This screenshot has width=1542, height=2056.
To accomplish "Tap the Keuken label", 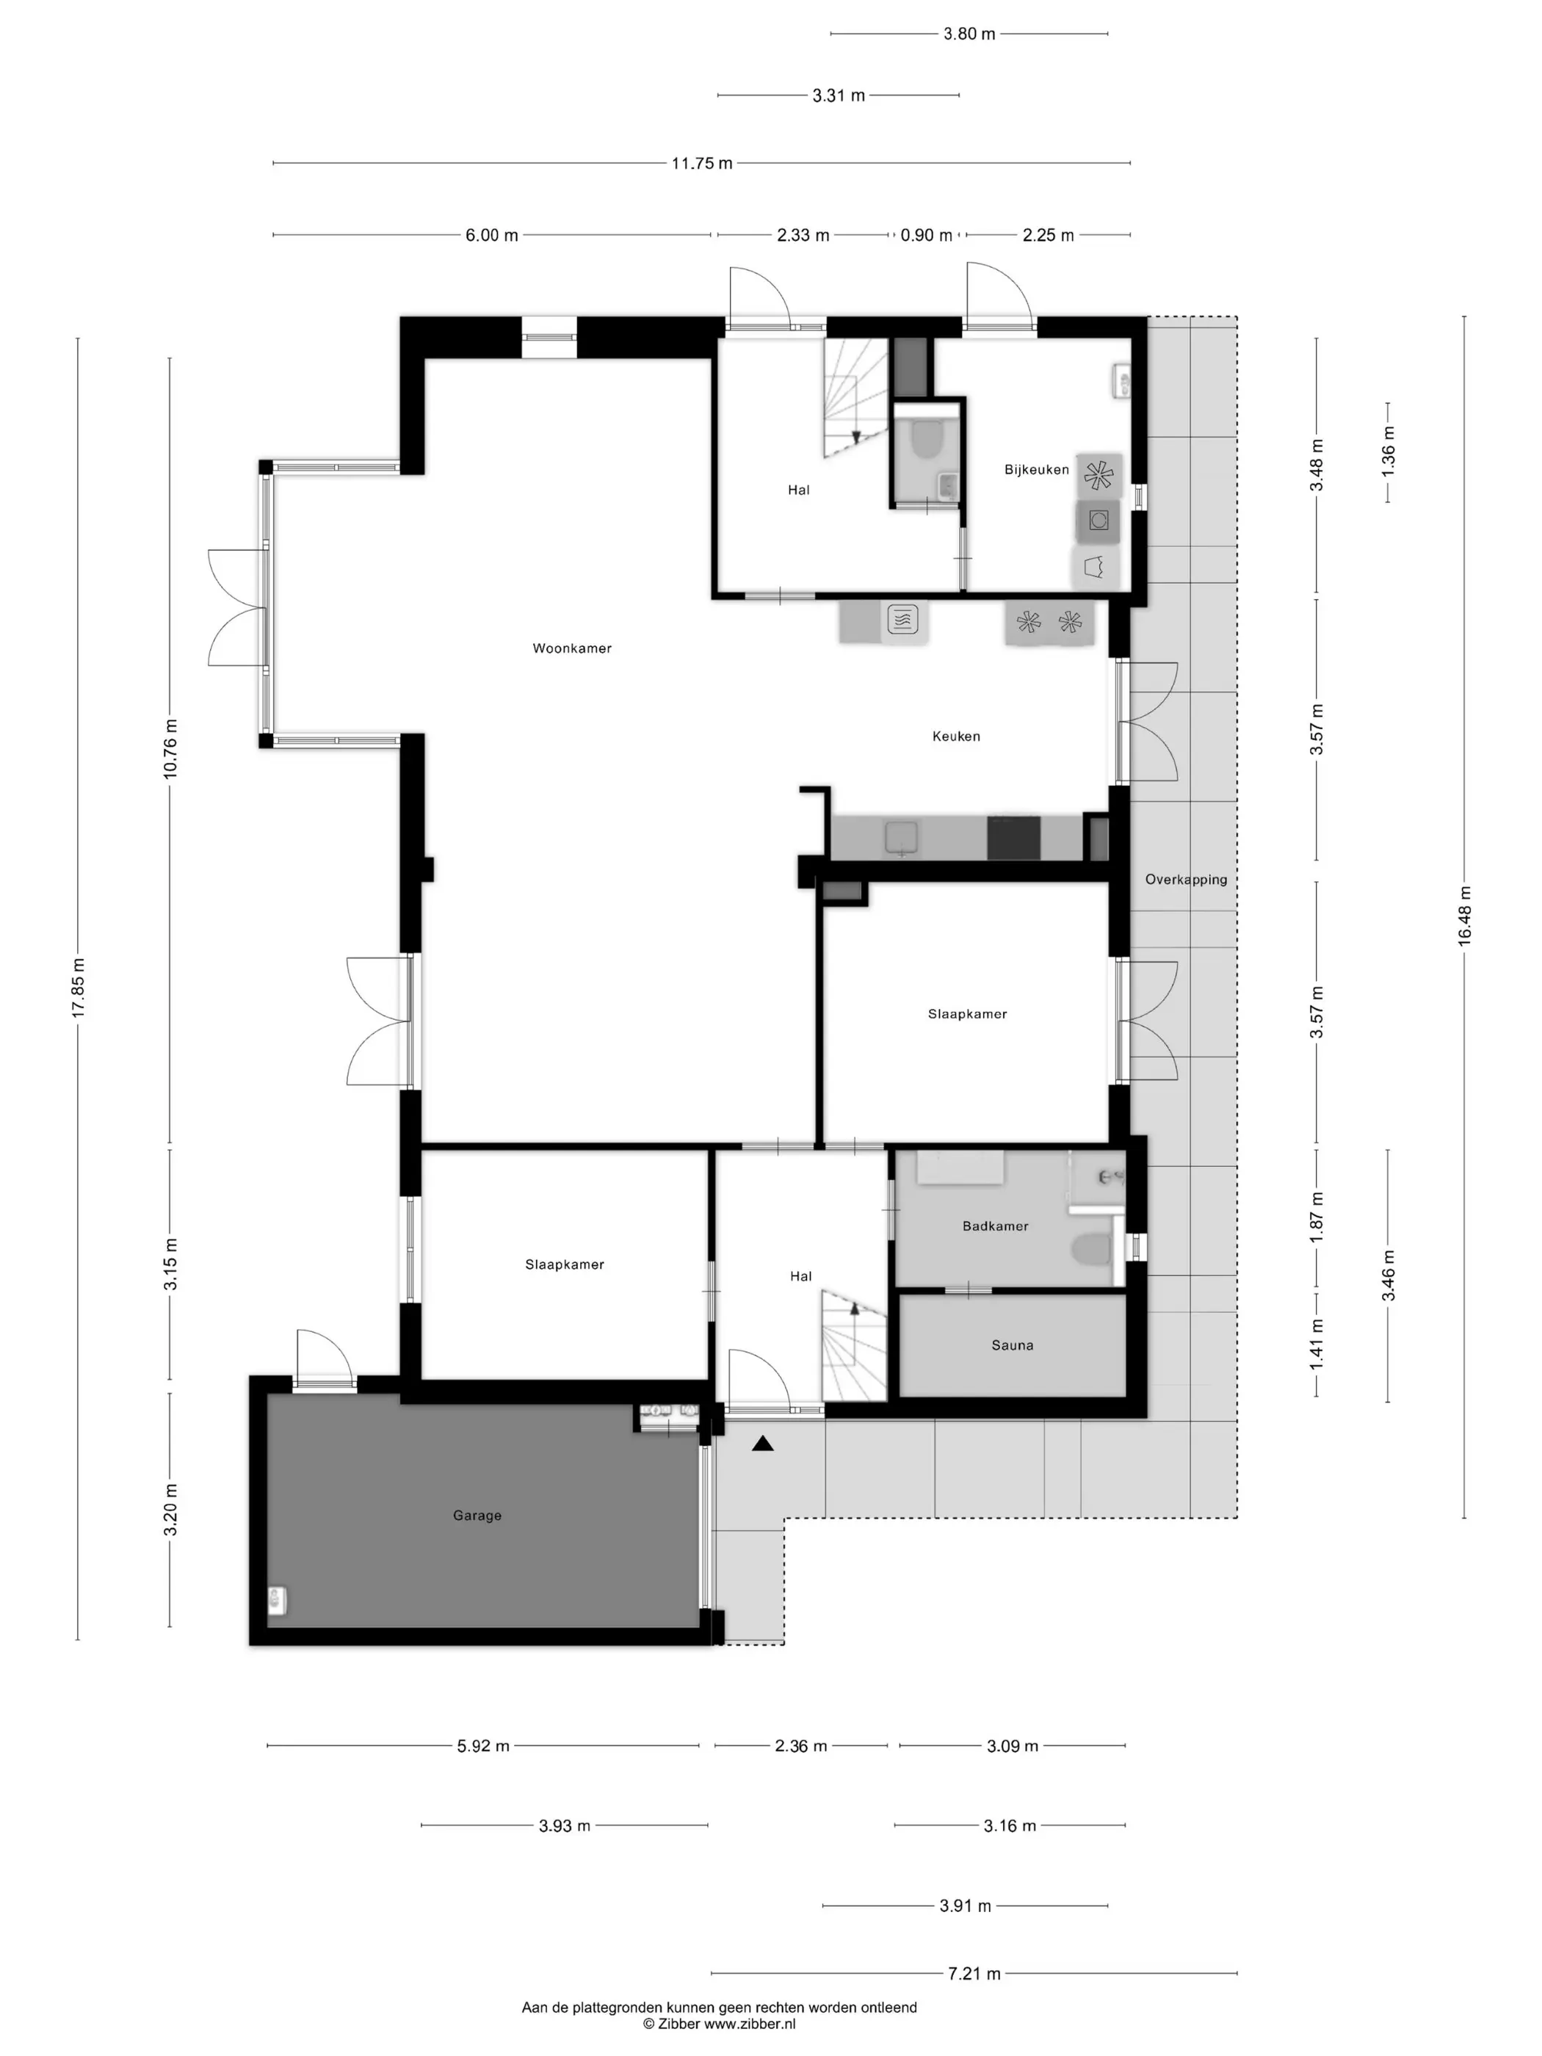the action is pos(955,736).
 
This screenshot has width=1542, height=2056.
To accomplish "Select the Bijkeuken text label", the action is pos(1036,469).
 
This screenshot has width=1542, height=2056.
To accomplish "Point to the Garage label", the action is pos(477,1515).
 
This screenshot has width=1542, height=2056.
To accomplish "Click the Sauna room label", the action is pos(1012,1345).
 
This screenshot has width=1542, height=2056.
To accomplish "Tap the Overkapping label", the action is pos(1186,879).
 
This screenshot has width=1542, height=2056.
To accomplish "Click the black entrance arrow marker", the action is pos(762,1444).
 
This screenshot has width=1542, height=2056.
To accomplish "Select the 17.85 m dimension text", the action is pos(78,987).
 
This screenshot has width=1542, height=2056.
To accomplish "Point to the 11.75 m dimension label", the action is pos(702,164).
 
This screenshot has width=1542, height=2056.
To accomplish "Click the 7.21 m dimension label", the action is pos(974,1973).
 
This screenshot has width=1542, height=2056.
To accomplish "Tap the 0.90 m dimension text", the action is pos(926,235).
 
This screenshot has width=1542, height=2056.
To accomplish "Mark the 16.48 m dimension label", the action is pos(1465,916).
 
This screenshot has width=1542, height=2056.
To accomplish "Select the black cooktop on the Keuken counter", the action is pos(1013,838).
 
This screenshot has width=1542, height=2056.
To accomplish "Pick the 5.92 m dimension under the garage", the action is pos(483,1745).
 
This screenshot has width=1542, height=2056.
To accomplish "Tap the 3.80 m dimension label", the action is pos(969,35).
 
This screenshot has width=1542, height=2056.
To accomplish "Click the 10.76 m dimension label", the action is pos(170,749).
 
